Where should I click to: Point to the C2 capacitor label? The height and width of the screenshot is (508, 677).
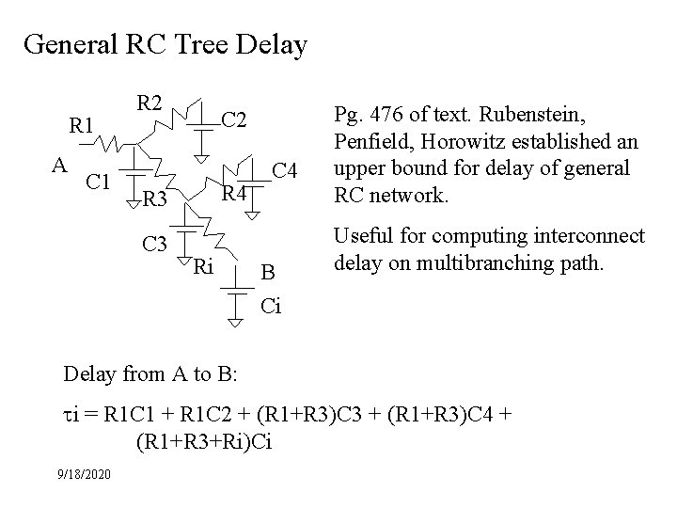click(x=235, y=119)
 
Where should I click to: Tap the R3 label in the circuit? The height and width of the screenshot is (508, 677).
click(x=156, y=198)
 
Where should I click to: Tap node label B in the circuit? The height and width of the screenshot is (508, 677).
click(x=268, y=273)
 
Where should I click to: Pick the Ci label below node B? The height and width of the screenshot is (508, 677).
click(x=270, y=307)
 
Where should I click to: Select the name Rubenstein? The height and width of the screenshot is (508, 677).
click(x=538, y=116)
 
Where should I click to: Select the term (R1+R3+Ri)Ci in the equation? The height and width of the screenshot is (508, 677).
click(x=204, y=439)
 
